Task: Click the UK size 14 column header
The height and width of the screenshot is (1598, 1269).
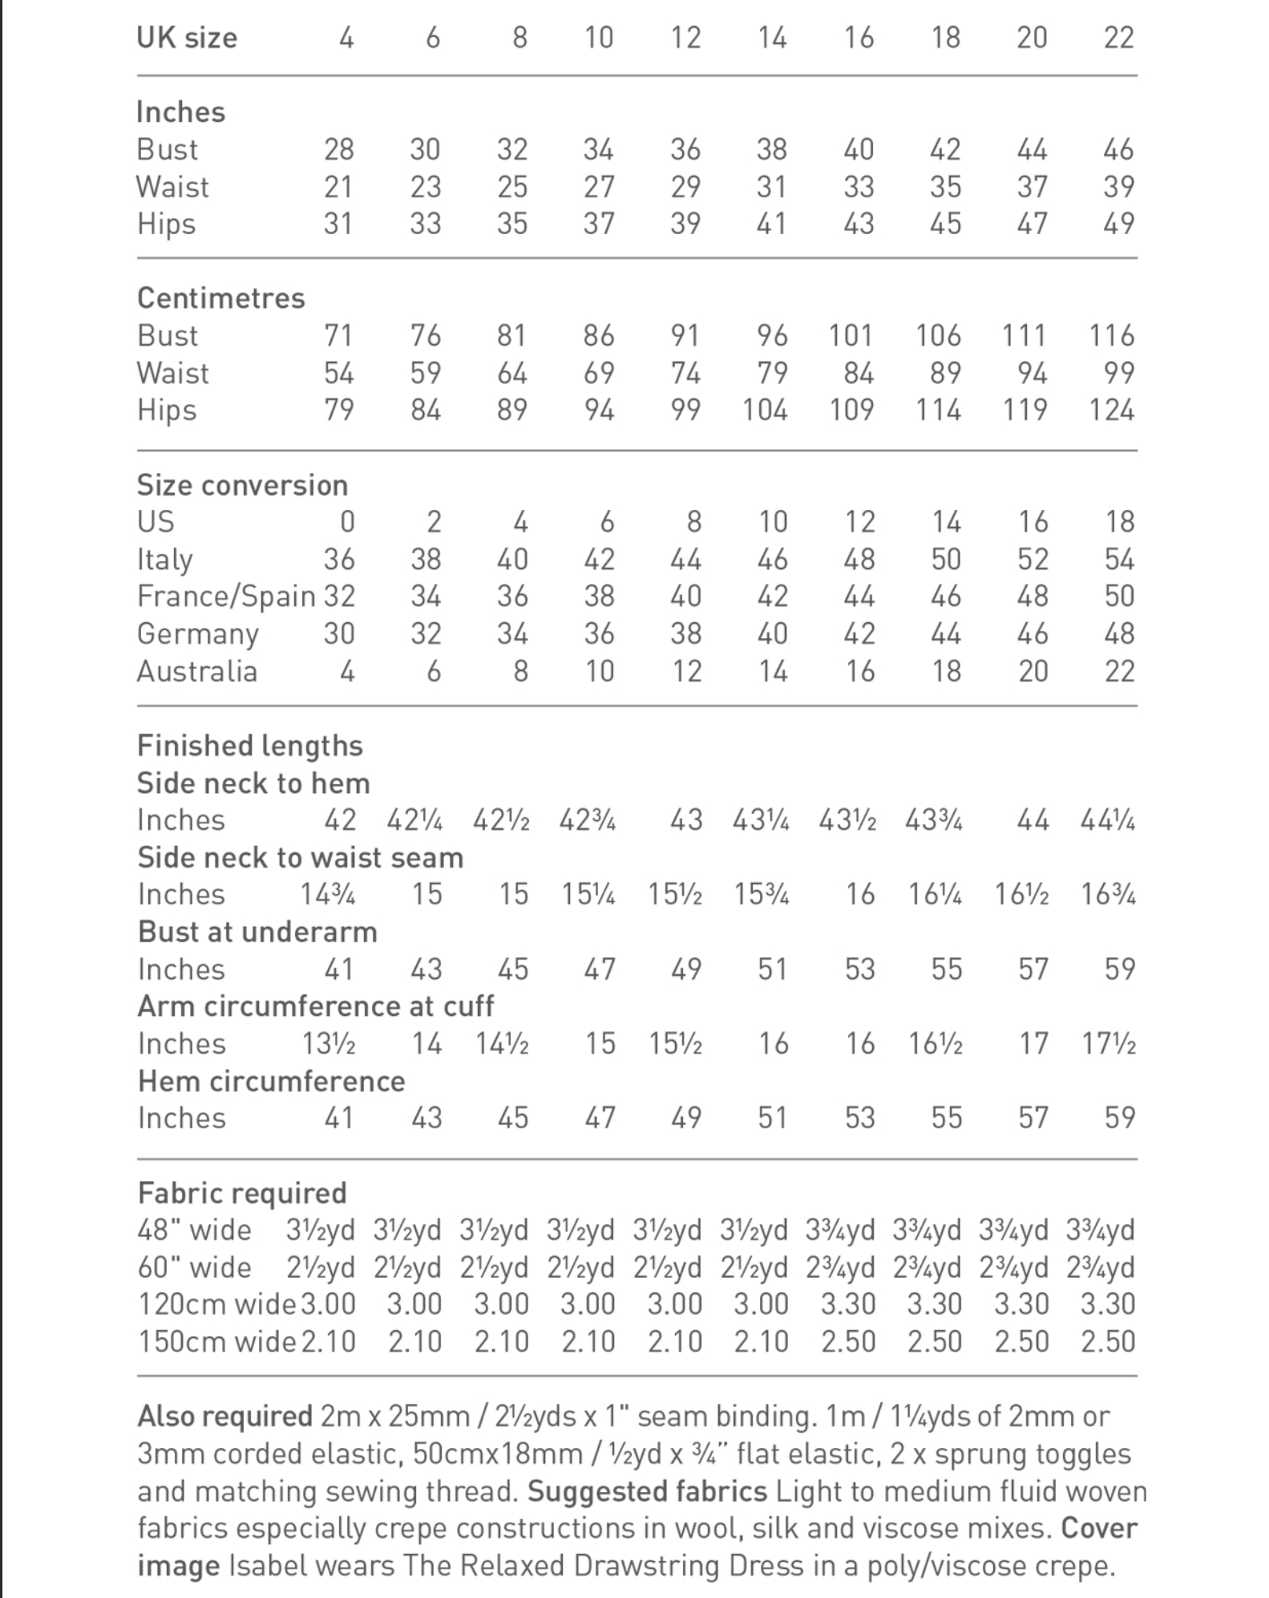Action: click(772, 38)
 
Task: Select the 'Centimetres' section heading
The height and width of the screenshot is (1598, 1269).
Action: click(220, 298)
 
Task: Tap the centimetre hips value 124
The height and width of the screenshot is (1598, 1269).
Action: click(1111, 411)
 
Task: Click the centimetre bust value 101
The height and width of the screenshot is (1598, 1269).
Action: click(851, 335)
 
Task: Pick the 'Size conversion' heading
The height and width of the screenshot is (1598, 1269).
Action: click(242, 485)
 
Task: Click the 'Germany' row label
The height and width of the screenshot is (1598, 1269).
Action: click(197, 634)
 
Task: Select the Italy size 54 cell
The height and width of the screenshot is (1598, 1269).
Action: click(1119, 559)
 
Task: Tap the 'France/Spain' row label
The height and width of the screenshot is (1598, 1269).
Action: click(226, 597)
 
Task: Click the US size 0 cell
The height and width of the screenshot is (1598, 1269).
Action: click(346, 522)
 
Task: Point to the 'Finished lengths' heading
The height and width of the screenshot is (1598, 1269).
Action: click(249, 746)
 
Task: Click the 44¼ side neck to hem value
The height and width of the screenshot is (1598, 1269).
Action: click(1108, 820)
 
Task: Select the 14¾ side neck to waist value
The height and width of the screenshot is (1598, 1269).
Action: click(328, 895)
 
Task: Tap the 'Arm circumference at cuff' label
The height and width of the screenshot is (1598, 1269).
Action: click(315, 1006)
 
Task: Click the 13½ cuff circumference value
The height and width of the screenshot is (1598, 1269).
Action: click(329, 1044)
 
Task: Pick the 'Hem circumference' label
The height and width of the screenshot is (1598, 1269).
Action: click(271, 1082)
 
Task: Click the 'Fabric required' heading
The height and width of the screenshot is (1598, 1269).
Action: click(241, 1193)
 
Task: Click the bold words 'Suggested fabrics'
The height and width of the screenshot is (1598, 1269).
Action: click(647, 1492)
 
